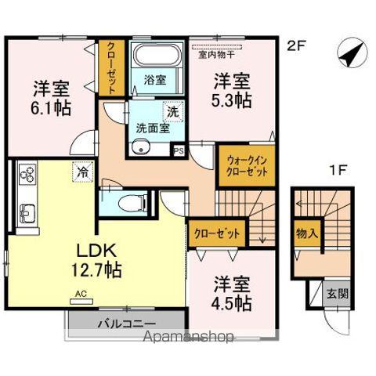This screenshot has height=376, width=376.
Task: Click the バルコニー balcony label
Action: tap(126, 324)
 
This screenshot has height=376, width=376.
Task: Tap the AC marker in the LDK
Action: tap(81, 295)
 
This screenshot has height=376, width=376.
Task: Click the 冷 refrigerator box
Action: tap(80, 168)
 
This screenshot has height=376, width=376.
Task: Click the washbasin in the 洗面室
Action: tap(141, 147)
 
